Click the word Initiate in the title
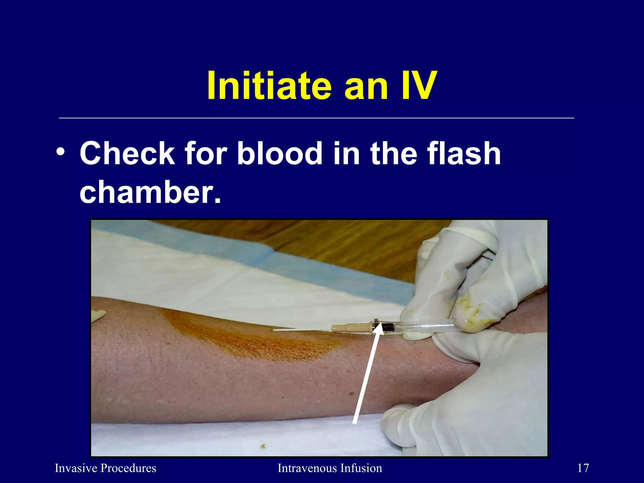(269, 86)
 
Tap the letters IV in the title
(415, 86)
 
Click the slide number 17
(583, 468)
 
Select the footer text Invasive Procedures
(105, 468)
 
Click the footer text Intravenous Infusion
(330, 468)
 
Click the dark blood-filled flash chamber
(388, 327)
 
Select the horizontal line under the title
(316, 118)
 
